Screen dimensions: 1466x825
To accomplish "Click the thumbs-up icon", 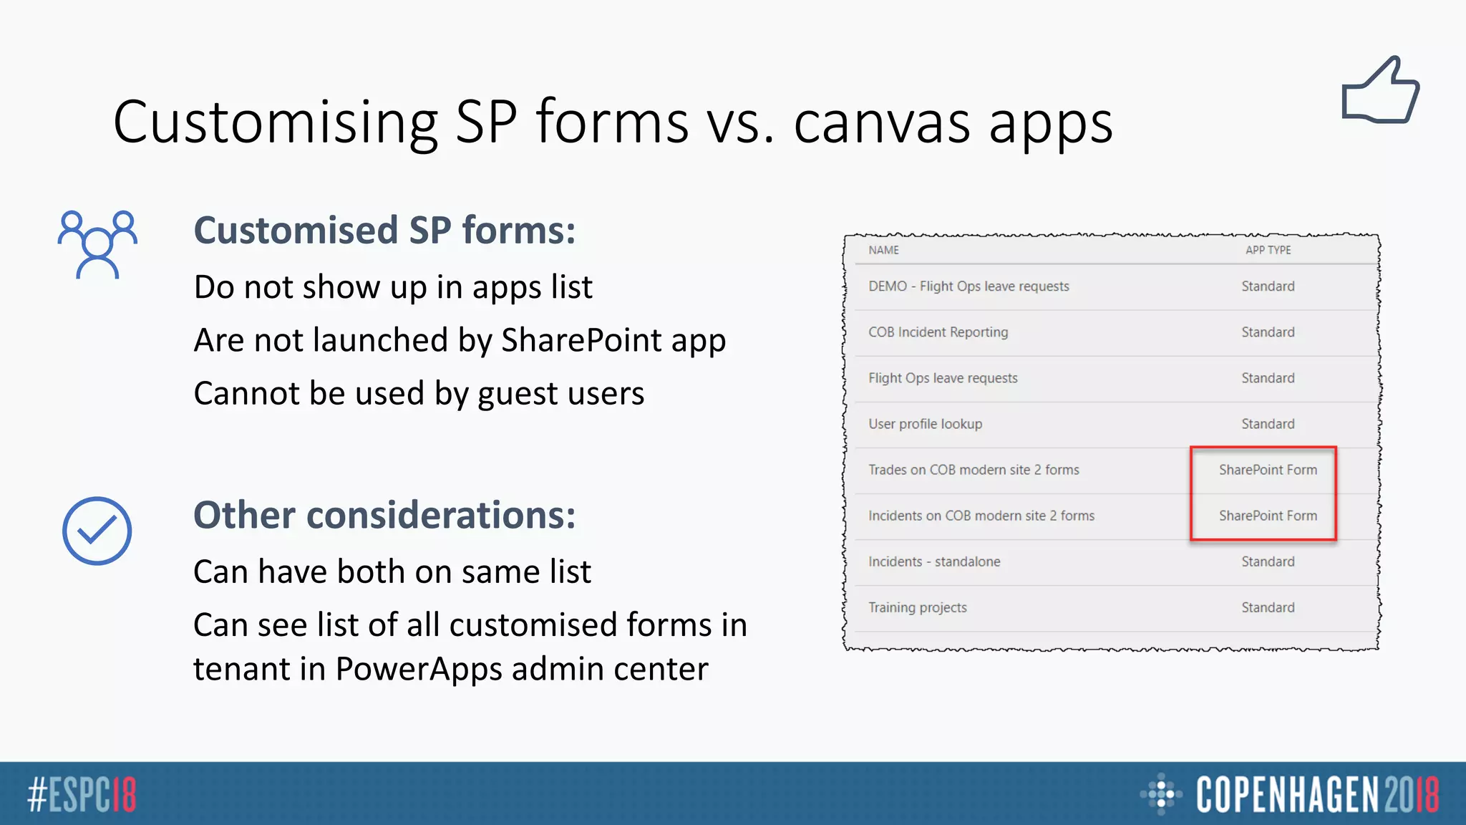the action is (x=1380, y=92).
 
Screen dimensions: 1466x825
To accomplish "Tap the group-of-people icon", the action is (x=97, y=243).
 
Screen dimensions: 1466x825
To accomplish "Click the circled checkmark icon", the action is (x=97, y=531).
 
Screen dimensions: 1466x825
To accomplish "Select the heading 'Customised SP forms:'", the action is (x=384, y=231).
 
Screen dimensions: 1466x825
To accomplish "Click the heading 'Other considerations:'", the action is (x=384, y=515).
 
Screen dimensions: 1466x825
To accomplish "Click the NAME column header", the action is (x=883, y=250).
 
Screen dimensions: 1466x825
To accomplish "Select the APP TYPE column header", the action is (x=1268, y=250).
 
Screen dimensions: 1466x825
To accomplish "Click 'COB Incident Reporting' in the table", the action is (x=938, y=332).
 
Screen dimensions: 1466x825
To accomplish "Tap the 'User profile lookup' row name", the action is (x=925, y=424).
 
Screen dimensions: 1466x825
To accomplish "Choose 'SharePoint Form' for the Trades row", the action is (x=1268, y=470).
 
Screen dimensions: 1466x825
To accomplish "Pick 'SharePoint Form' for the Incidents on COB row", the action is (x=1268, y=516).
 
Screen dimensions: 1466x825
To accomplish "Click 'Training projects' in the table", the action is (x=917, y=607).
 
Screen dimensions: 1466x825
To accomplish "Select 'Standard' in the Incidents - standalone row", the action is (x=1268, y=561).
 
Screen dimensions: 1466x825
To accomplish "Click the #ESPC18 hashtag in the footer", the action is (x=82, y=795).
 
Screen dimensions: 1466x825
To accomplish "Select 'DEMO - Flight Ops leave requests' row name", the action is (x=969, y=286).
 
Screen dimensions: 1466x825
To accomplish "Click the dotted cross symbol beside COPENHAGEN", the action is (x=1160, y=793).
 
